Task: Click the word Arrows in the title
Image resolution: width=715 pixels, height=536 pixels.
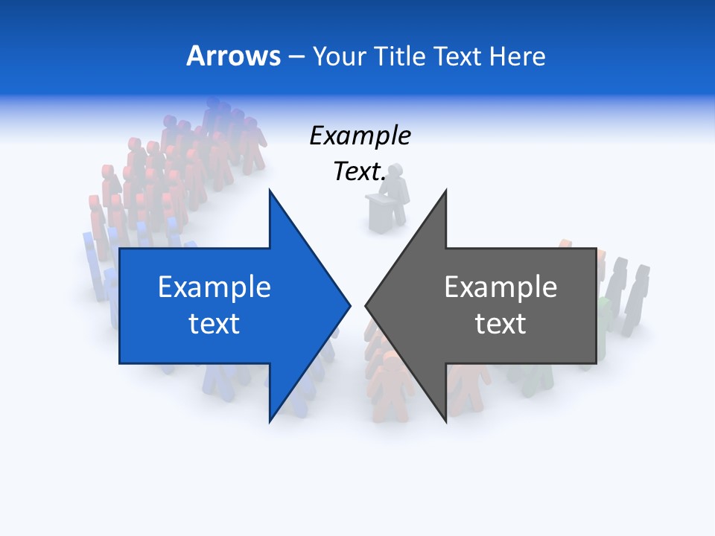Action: tap(233, 56)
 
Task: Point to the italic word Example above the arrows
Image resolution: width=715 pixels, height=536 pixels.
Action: tap(360, 136)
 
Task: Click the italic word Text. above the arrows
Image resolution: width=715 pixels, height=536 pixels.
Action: tap(360, 171)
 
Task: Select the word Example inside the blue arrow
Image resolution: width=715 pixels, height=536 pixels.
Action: tap(214, 287)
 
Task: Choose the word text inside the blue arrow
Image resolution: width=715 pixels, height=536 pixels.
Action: tap(214, 324)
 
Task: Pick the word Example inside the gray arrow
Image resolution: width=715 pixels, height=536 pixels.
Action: tap(500, 287)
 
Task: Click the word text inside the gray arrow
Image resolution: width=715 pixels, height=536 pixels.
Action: tap(500, 324)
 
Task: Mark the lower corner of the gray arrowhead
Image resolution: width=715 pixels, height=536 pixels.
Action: tap(445, 421)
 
